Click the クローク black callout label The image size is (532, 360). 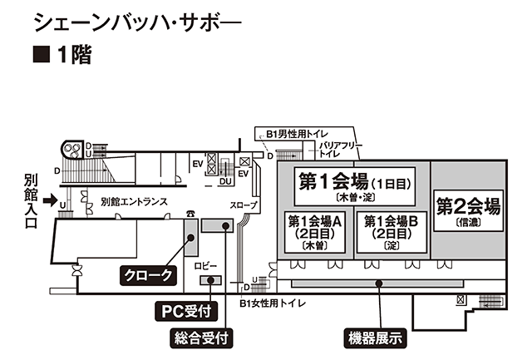148,275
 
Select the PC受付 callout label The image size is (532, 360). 186,311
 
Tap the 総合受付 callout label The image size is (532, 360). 201,338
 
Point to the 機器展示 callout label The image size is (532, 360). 375,338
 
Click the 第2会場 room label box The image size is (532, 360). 468,210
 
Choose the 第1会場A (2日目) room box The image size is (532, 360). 315,232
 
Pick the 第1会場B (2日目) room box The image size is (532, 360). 392,232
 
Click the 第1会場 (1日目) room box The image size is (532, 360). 355,186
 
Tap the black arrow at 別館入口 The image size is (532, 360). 50,200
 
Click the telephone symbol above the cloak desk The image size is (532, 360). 190,214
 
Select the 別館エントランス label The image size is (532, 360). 135,202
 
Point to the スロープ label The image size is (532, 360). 243,205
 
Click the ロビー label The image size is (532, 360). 205,266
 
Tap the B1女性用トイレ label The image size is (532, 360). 273,303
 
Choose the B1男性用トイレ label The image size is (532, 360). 297,134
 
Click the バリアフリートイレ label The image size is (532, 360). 339,150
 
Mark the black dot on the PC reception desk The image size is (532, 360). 210,280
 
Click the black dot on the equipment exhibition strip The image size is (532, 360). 379,283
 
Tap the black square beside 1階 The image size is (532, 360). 42,55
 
